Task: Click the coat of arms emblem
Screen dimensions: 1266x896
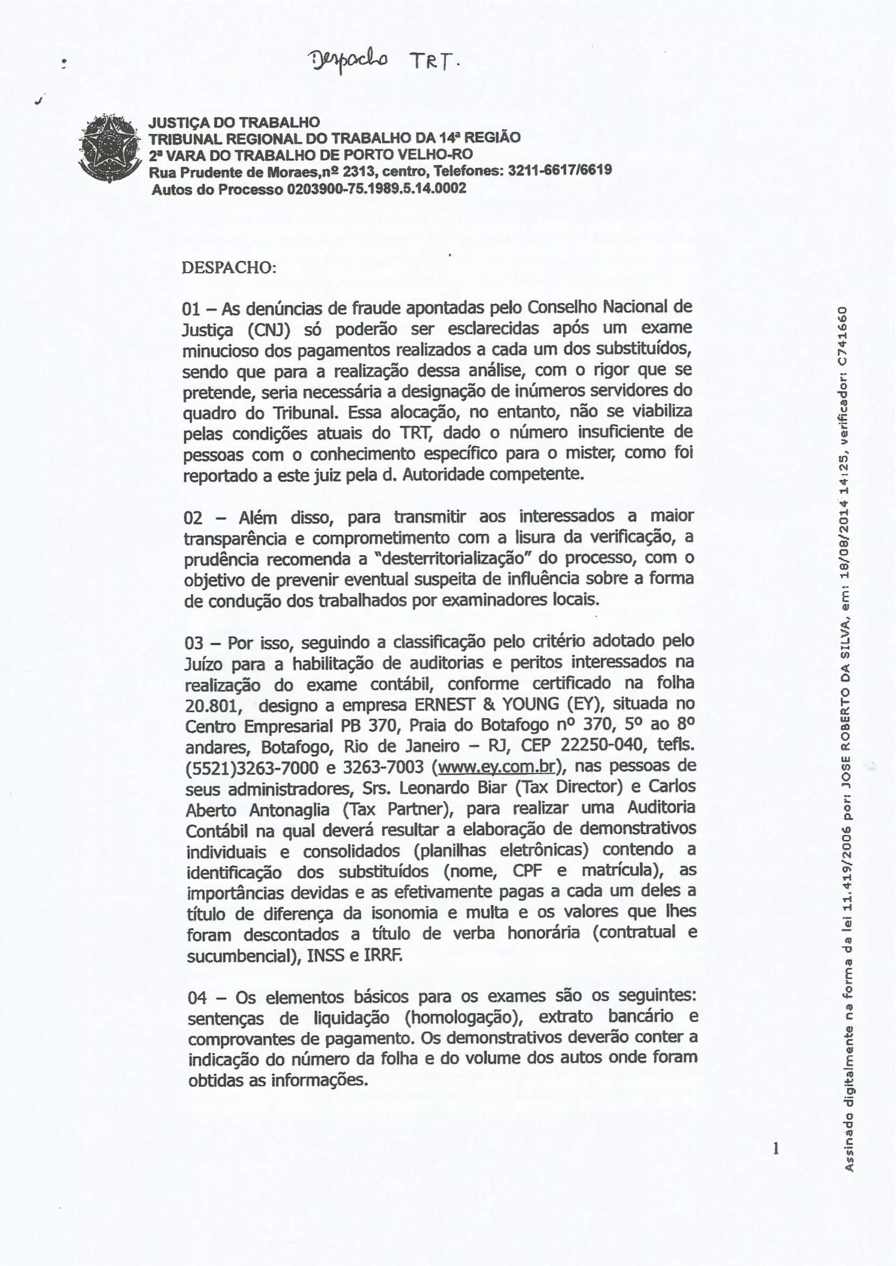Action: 108,148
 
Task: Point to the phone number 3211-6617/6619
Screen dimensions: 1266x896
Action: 560,170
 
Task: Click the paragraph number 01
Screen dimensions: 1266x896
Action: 192,308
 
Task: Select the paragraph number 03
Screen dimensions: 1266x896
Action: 195,643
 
